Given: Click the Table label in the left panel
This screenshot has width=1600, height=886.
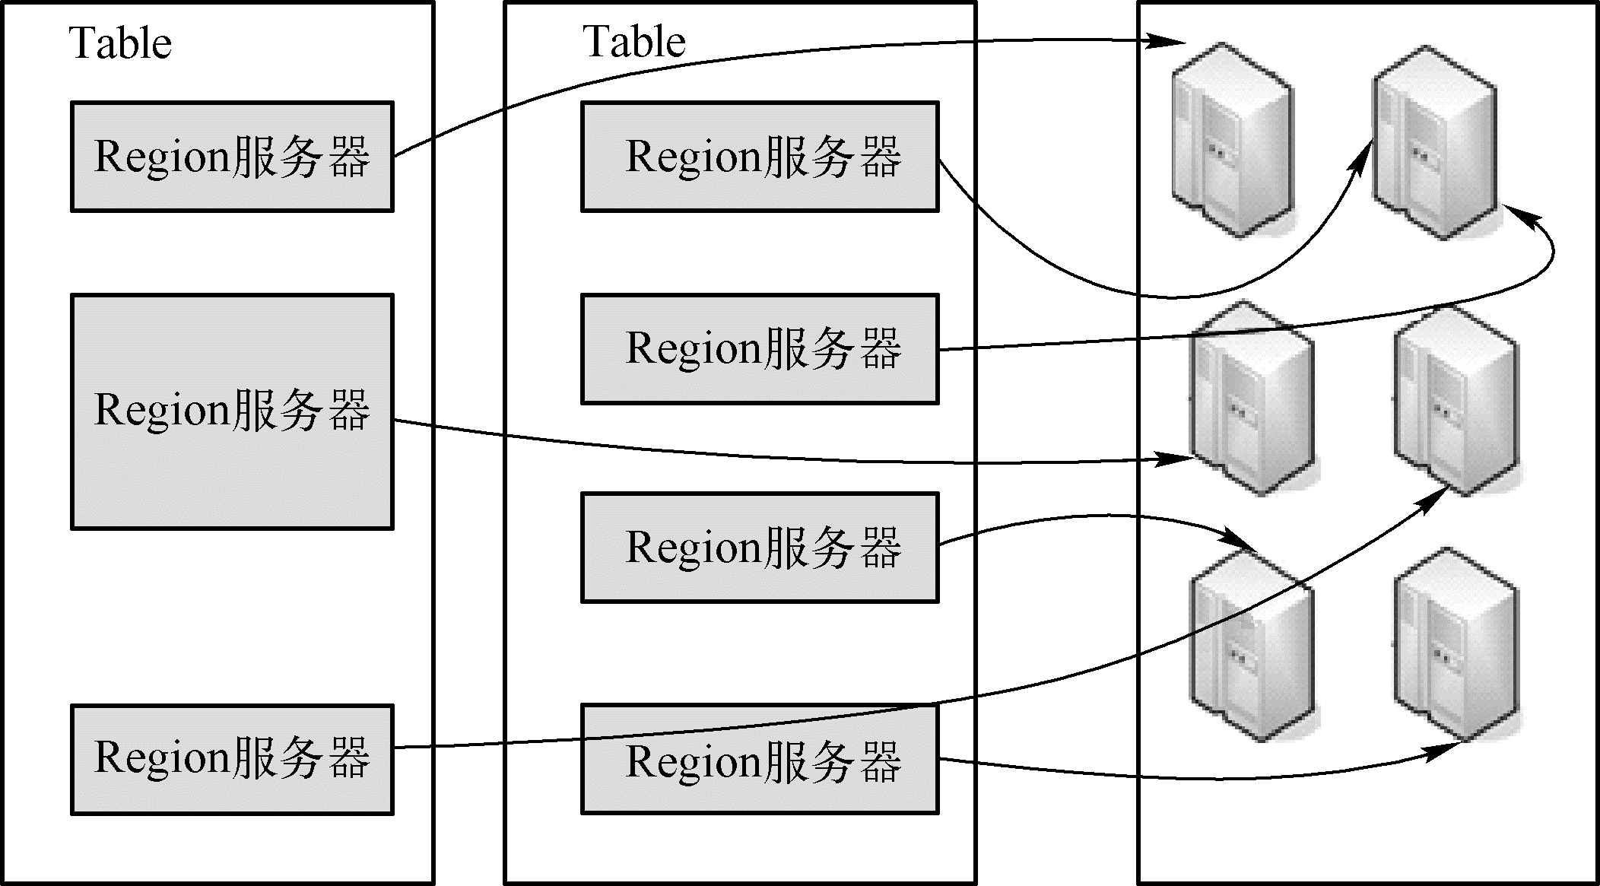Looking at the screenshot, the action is point(120,43).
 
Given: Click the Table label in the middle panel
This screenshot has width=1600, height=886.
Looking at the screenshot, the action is point(634,41).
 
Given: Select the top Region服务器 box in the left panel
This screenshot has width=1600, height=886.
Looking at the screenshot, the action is point(232,157).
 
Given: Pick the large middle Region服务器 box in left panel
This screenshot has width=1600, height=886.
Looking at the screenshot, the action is point(232,411).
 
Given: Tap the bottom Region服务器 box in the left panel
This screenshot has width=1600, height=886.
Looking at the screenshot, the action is point(232,760).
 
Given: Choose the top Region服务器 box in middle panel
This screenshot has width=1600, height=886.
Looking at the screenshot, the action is point(760,157).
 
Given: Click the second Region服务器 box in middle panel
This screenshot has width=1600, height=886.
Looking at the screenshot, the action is point(760,349).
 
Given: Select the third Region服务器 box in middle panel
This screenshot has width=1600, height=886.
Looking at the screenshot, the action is point(760,548).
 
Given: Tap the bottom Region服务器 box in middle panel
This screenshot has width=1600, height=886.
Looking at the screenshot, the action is point(760,760).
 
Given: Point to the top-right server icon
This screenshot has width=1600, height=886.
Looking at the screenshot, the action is point(1434,142).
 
